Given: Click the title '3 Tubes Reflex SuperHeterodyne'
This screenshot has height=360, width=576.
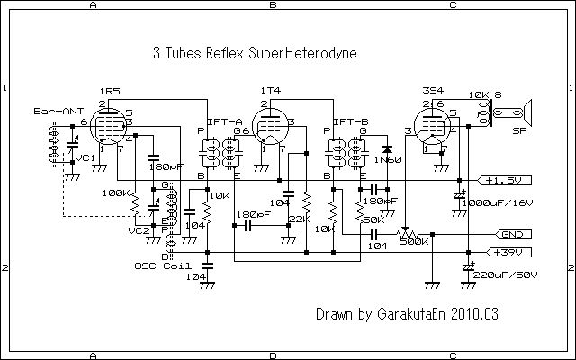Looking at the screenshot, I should point(256,53).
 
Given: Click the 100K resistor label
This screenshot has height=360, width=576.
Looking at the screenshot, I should point(115,193).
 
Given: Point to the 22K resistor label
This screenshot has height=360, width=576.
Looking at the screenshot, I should point(300,219).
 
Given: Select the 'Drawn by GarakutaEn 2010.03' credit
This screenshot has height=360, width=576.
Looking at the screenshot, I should point(407,315).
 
